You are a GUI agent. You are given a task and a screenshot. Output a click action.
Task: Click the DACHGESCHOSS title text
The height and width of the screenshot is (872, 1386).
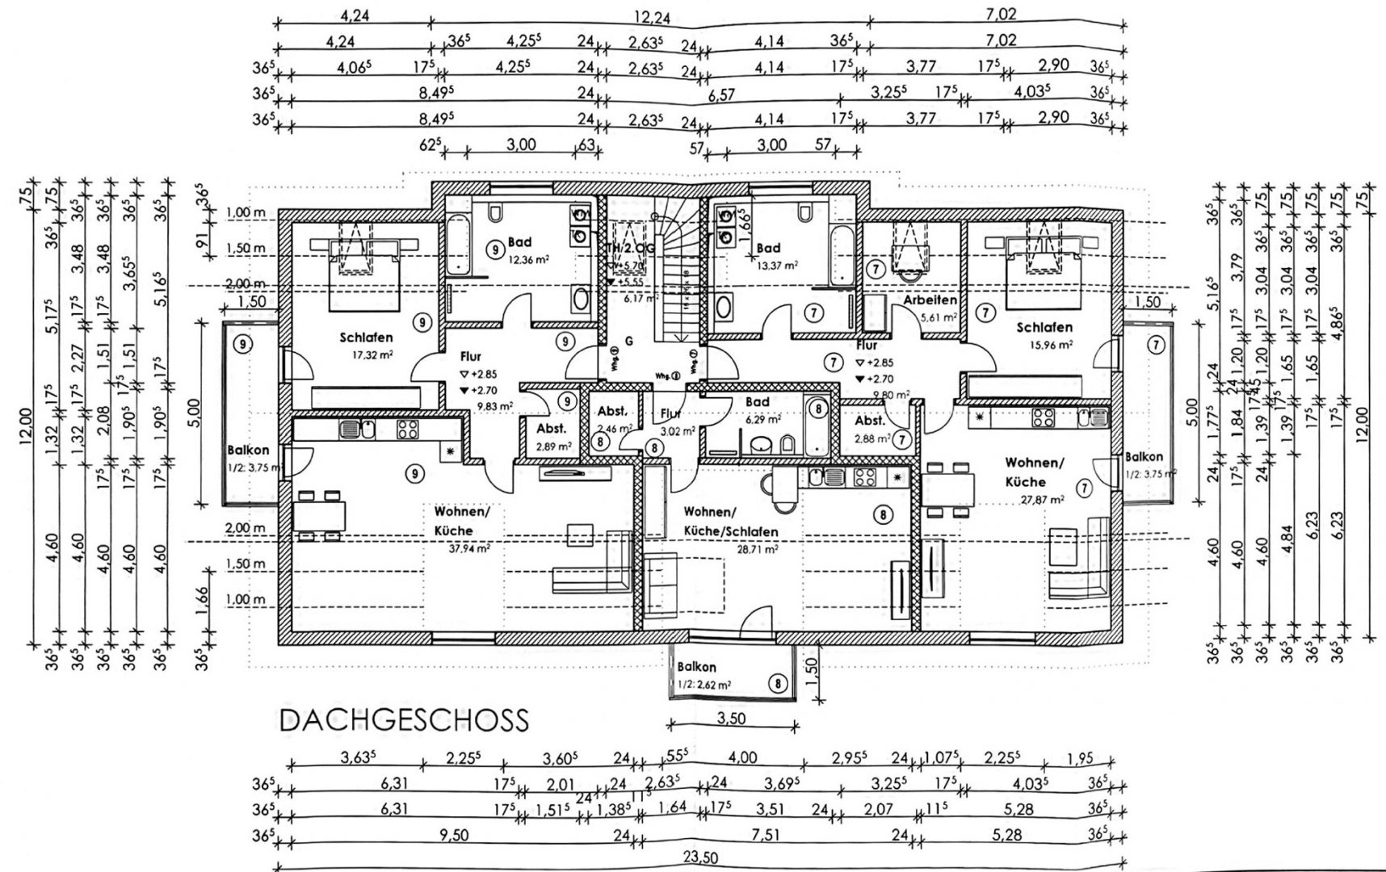[x=403, y=719]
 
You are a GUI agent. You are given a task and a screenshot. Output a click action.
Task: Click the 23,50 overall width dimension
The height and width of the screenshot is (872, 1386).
[x=699, y=858]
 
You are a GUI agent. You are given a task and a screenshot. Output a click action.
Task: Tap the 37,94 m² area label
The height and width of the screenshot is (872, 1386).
[x=465, y=547]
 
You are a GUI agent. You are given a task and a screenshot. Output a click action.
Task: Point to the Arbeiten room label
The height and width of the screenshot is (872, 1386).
[x=930, y=300]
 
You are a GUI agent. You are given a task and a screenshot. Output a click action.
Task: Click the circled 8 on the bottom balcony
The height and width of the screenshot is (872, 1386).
[x=777, y=684]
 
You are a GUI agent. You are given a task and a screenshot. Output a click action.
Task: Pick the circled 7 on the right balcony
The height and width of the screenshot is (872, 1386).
[x=1157, y=346]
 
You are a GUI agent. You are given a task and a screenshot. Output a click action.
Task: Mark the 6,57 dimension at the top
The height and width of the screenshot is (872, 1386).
[x=720, y=95]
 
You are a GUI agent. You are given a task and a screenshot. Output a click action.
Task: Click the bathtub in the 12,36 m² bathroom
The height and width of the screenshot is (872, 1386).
[x=456, y=242]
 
